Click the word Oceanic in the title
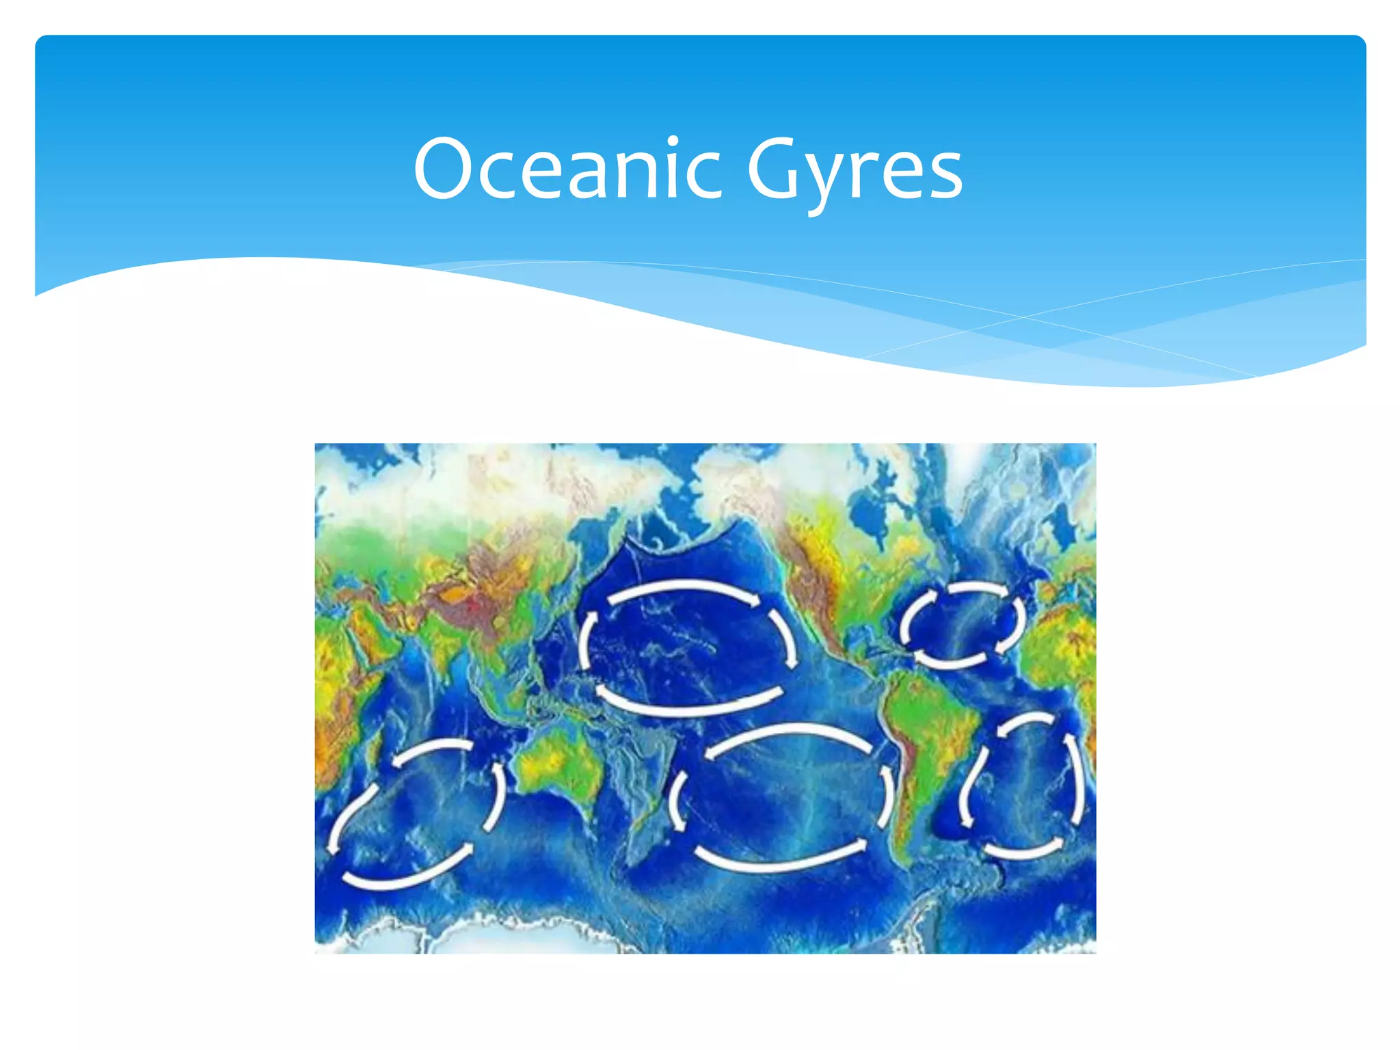pyautogui.click(x=567, y=169)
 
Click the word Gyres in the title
pyautogui.click(x=854, y=171)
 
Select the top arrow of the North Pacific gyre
pyautogui.click(x=684, y=587)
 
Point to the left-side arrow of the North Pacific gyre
pyautogui.click(x=586, y=639)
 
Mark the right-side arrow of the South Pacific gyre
pyautogui.click(x=887, y=796)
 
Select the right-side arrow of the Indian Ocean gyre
pyautogui.click(x=496, y=796)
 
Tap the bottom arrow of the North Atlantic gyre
pyautogui.click(x=950, y=660)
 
